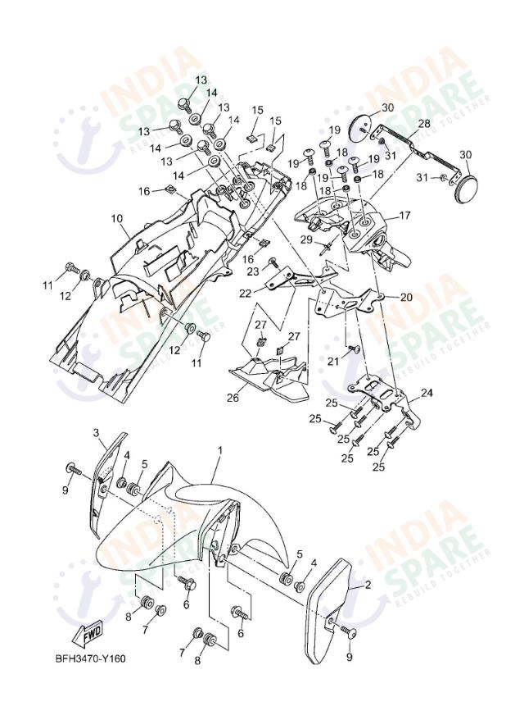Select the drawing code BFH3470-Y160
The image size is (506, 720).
click(x=91, y=658)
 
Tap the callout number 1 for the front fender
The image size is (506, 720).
click(x=219, y=451)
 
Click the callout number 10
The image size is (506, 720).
click(x=116, y=219)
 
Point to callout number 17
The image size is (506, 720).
click(x=404, y=216)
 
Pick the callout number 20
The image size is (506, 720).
click(x=406, y=297)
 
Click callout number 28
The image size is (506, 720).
click(x=423, y=124)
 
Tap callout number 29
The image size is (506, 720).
click(x=306, y=239)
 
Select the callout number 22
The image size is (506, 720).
click(x=245, y=293)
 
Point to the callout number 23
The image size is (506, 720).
click(x=253, y=271)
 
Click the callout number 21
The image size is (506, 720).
click(x=333, y=360)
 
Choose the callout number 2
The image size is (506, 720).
click(x=367, y=585)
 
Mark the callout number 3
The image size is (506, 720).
click(x=95, y=432)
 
